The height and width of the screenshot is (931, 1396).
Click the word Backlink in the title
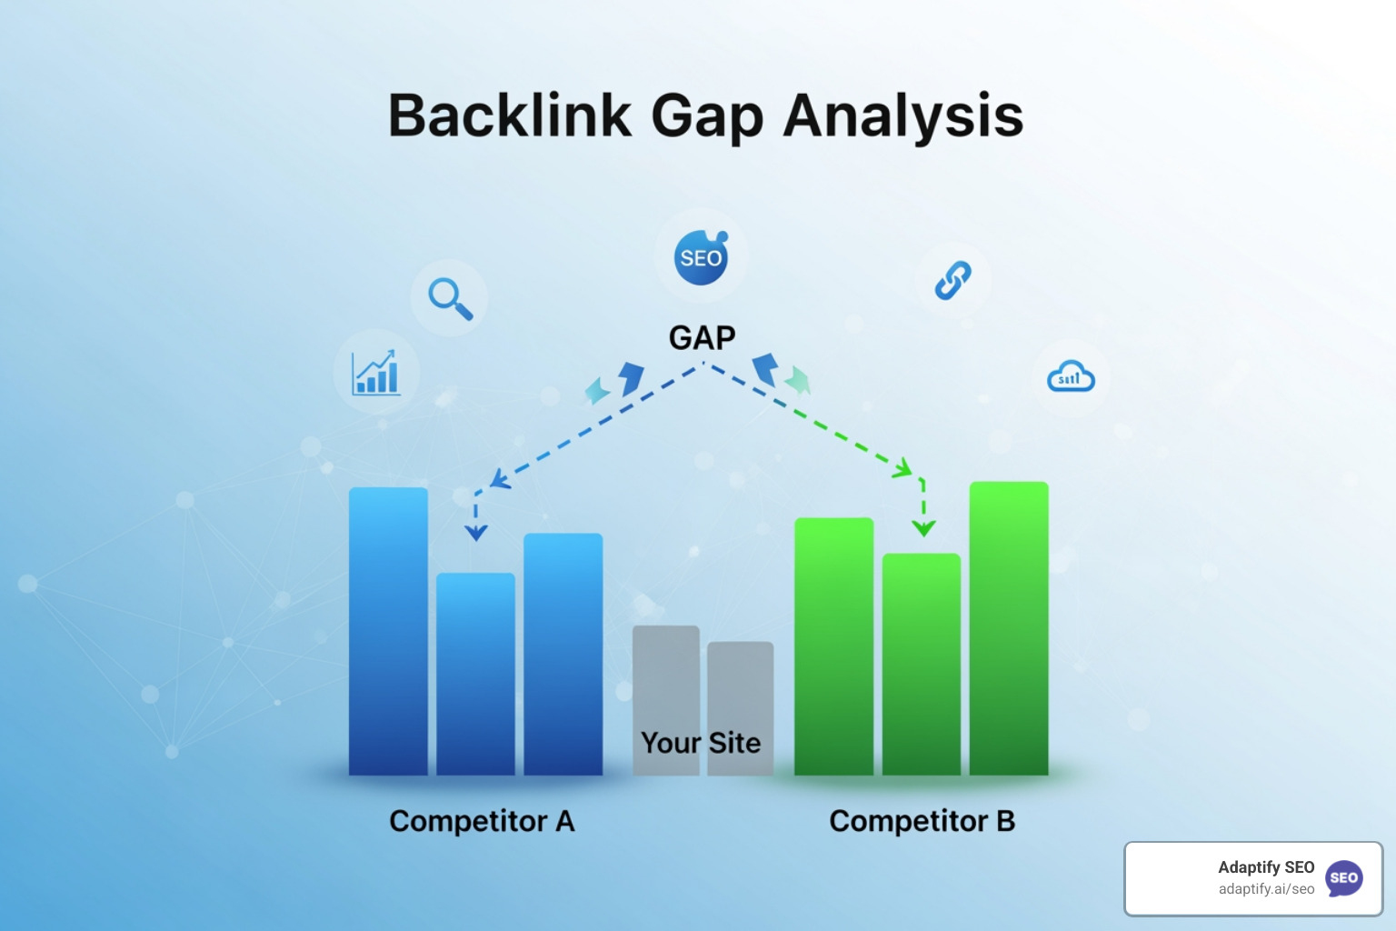509,115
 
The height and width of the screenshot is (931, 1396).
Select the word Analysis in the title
903,115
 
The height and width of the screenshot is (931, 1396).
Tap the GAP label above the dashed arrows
702,338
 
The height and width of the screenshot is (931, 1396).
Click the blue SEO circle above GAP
701,257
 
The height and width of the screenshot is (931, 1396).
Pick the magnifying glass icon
450,298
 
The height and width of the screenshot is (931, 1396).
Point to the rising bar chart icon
376,373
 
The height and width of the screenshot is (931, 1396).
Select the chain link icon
952,280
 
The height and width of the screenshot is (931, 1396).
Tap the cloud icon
1071,377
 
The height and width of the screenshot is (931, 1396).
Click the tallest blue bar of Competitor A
388,631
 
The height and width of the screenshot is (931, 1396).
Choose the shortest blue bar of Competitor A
475,673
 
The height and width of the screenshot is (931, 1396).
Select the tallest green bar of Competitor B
1009,627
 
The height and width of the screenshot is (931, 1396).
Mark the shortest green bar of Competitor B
921,664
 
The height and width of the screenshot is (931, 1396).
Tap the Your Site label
701,743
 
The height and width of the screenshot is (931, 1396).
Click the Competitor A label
482,821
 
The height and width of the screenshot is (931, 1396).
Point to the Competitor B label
922,821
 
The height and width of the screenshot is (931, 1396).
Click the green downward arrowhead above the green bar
923,527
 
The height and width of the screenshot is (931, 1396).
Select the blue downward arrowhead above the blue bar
475,532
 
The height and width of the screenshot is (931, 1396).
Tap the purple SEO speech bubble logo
1344,878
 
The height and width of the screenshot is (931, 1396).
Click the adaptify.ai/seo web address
1266,889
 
